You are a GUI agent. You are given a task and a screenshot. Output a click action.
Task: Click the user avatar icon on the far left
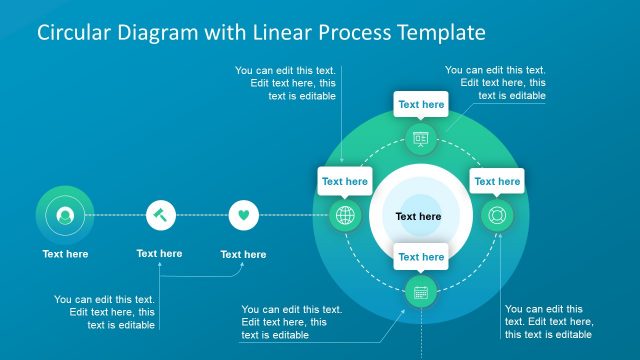[x=65, y=215]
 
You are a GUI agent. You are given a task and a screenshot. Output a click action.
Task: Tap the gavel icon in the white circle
[x=161, y=215]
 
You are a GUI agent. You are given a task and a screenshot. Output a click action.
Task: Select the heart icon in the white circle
[x=244, y=215]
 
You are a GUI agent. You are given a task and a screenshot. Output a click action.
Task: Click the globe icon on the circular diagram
[x=345, y=215]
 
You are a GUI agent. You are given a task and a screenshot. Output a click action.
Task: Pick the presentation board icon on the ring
[x=420, y=138]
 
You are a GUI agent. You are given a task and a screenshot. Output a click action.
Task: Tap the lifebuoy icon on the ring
[x=496, y=215]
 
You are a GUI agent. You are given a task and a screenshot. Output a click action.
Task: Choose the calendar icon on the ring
[x=421, y=292]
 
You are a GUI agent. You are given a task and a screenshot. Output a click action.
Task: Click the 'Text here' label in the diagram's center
[x=418, y=216]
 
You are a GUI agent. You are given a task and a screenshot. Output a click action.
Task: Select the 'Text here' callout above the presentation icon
[x=421, y=104]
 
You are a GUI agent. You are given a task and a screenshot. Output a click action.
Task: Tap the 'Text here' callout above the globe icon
[x=345, y=181]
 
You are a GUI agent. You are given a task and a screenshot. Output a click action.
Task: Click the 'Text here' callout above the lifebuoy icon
[x=497, y=181]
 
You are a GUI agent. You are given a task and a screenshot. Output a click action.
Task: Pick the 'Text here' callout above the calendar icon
[x=421, y=257]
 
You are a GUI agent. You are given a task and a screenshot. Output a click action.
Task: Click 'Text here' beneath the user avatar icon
[x=65, y=254]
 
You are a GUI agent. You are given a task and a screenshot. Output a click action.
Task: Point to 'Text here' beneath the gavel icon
[x=159, y=253]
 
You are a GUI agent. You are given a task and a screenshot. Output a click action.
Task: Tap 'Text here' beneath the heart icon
[x=243, y=254]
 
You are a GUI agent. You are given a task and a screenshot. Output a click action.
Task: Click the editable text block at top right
[x=495, y=83]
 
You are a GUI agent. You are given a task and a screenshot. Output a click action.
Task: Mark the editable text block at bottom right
[x=549, y=322]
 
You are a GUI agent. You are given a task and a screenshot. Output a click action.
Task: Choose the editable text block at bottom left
[x=104, y=311]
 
